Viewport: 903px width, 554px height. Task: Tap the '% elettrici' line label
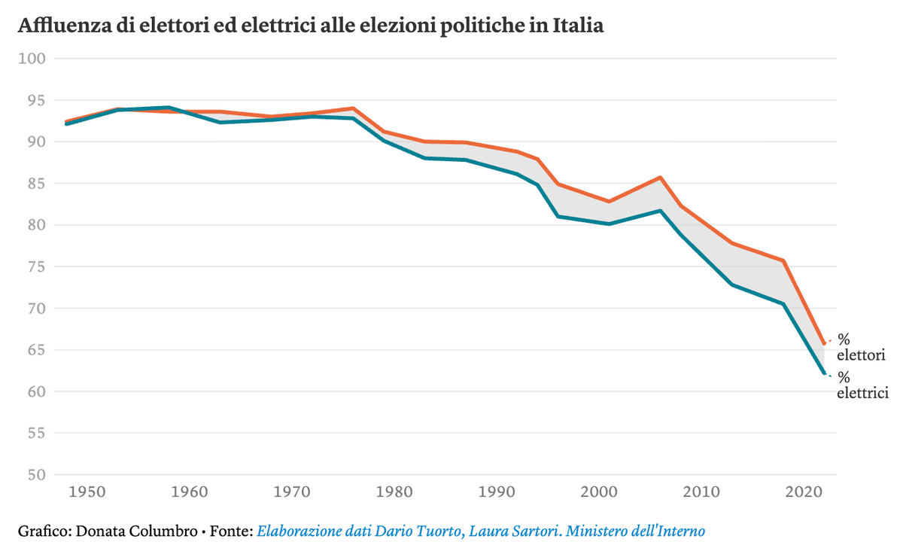click(x=862, y=385)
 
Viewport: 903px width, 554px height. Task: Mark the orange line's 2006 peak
click(x=660, y=178)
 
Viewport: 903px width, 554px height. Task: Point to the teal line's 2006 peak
click(x=660, y=211)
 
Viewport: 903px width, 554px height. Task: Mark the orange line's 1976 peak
click(x=351, y=108)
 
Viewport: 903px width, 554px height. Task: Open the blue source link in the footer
click(x=481, y=531)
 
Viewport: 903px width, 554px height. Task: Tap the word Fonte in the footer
click(x=230, y=531)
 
